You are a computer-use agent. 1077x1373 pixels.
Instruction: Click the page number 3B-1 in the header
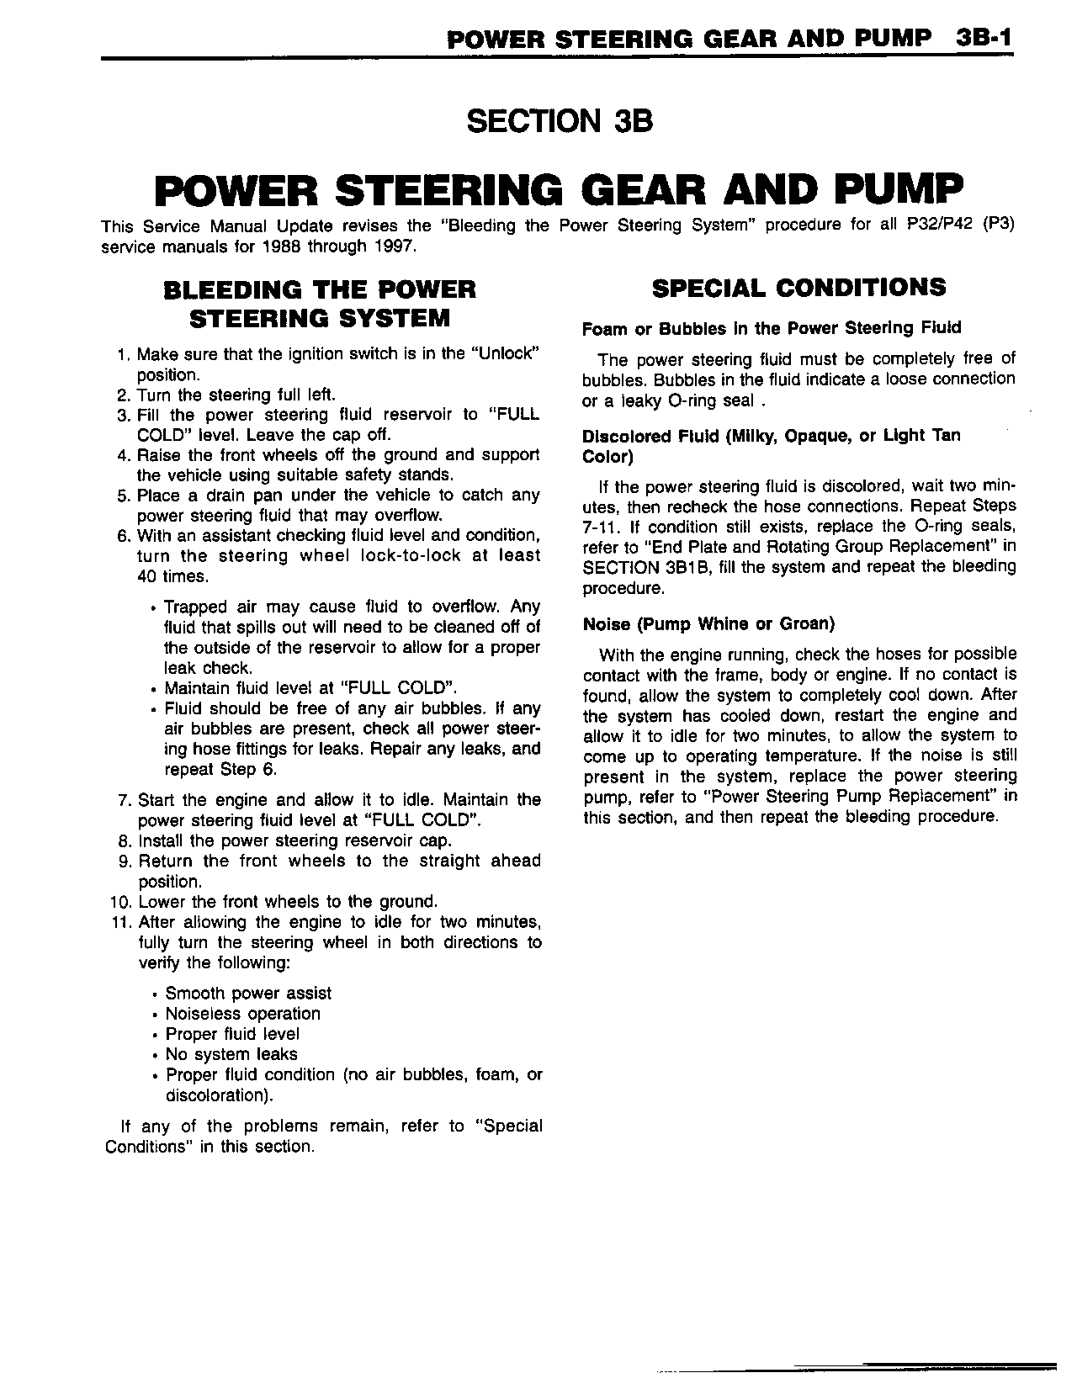983,39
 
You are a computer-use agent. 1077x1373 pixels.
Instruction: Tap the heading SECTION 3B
560,121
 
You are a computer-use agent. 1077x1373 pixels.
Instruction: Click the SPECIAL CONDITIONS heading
798,288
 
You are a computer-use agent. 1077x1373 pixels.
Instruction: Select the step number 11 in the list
119,922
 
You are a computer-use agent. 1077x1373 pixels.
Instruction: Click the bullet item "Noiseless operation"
242,1014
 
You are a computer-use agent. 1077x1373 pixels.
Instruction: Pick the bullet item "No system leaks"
231,1054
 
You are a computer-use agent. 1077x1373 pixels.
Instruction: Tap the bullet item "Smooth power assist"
248,994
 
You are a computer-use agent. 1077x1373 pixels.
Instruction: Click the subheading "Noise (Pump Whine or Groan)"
708,624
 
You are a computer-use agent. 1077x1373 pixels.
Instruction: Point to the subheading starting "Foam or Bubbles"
772,327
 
